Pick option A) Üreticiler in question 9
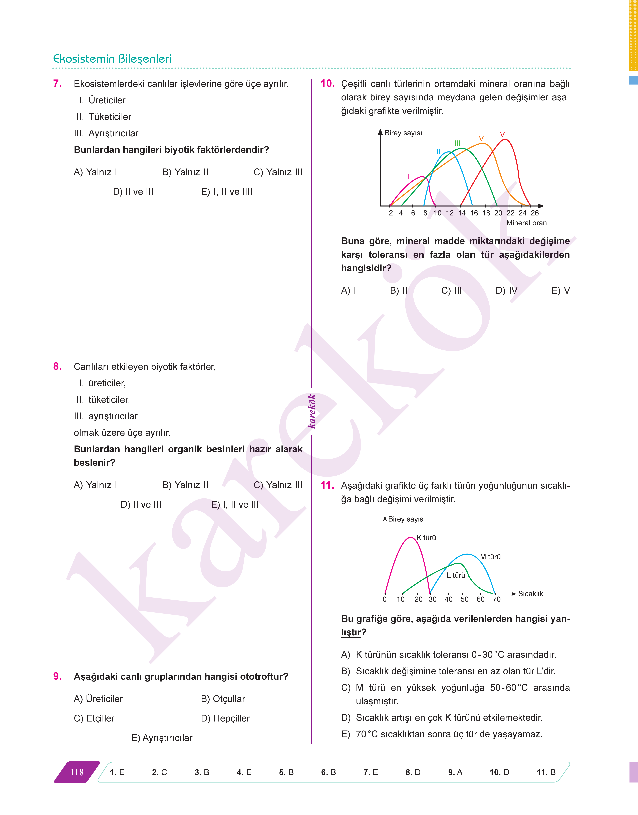pos(98,699)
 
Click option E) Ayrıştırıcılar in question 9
pos(162,738)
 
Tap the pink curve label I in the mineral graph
pos(408,176)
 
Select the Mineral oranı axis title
pos(527,223)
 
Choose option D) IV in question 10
pos(507,290)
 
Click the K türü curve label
pos(426,538)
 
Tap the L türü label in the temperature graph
pos(456,575)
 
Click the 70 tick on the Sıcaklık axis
pos(496,599)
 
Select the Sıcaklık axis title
pos(530,594)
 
